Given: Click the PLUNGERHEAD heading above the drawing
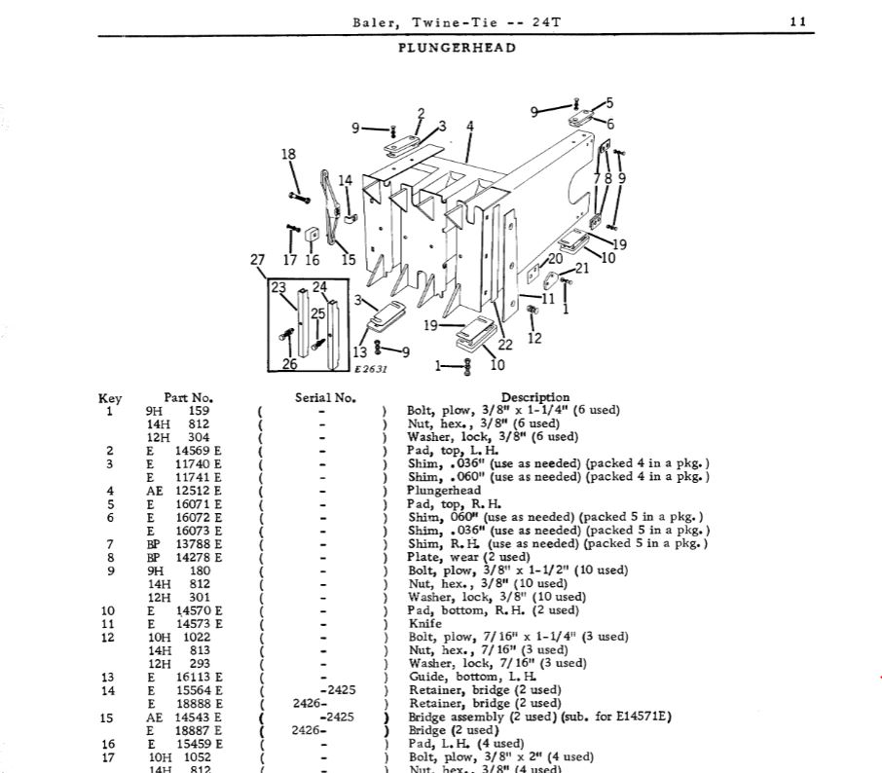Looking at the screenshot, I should coord(457,47).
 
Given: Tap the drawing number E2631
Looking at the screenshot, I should coord(371,369).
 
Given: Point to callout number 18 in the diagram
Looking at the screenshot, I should coord(288,155).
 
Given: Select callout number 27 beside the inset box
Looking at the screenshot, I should coord(257,260).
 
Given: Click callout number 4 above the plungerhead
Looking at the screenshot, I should coord(469,127).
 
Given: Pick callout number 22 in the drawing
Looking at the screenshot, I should coord(505,345).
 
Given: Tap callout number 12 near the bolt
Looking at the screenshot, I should coord(534,338).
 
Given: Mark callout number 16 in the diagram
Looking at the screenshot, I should coord(312,260).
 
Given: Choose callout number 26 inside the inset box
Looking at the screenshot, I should coord(289,364).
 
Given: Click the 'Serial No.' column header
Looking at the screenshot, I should coord(325,397).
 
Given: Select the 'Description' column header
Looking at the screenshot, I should coord(534,397).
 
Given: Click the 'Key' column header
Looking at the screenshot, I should coord(110,397).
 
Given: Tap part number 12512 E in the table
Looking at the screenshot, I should coord(199,491).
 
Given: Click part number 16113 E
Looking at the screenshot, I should coord(199,677).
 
